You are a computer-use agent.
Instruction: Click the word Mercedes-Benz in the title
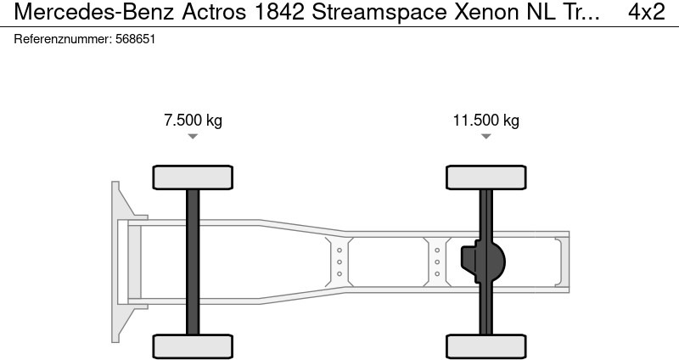[94, 12]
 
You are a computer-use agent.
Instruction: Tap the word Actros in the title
[214, 12]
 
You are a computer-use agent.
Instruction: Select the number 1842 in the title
[279, 12]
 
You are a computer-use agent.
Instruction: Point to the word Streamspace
[379, 13]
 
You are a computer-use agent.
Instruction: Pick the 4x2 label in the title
[647, 12]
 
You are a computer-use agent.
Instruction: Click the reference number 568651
[135, 39]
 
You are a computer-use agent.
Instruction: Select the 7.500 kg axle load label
[193, 120]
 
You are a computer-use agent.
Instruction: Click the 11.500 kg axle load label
[485, 120]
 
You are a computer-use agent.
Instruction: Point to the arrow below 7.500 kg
[193, 136]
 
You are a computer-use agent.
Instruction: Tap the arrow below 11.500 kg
[485, 136]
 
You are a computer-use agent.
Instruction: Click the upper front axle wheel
[193, 177]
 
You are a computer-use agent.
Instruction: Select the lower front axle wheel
[193, 346]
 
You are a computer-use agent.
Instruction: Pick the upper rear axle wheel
[485, 177]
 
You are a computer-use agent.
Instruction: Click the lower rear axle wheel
[485, 346]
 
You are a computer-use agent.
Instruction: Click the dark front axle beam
[193, 262]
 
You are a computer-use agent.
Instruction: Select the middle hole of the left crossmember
[339, 262]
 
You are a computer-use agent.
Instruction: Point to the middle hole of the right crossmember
[437, 262]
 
